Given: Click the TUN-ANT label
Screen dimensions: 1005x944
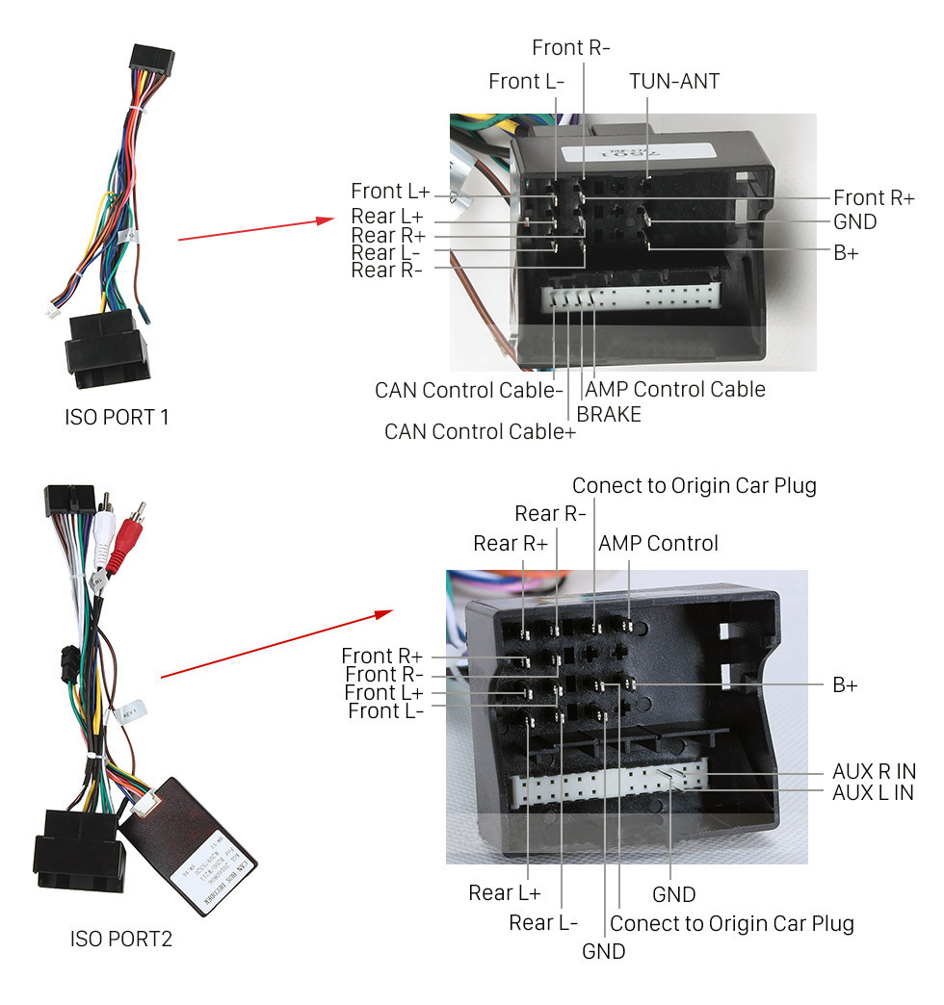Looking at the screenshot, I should point(674,81).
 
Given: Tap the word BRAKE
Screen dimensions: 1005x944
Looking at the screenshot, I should point(609,414).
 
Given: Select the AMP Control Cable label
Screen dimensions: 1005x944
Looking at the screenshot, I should point(675,389).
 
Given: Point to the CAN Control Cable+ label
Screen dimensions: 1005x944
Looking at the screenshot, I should point(480,431).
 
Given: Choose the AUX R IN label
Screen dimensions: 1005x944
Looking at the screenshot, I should point(874,772).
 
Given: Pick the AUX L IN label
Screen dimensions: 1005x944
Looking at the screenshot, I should point(873,792).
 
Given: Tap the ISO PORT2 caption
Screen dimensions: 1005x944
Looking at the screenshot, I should point(121,938).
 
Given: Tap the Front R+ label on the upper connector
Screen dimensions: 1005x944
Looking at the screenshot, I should point(874,197).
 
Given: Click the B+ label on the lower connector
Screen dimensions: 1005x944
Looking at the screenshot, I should point(845,684).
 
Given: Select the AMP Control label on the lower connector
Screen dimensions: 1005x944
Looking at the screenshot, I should point(658,543).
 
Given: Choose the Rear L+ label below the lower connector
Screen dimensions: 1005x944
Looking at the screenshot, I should point(505,892).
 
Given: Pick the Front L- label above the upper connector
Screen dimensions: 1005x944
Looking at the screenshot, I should point(526,81).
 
